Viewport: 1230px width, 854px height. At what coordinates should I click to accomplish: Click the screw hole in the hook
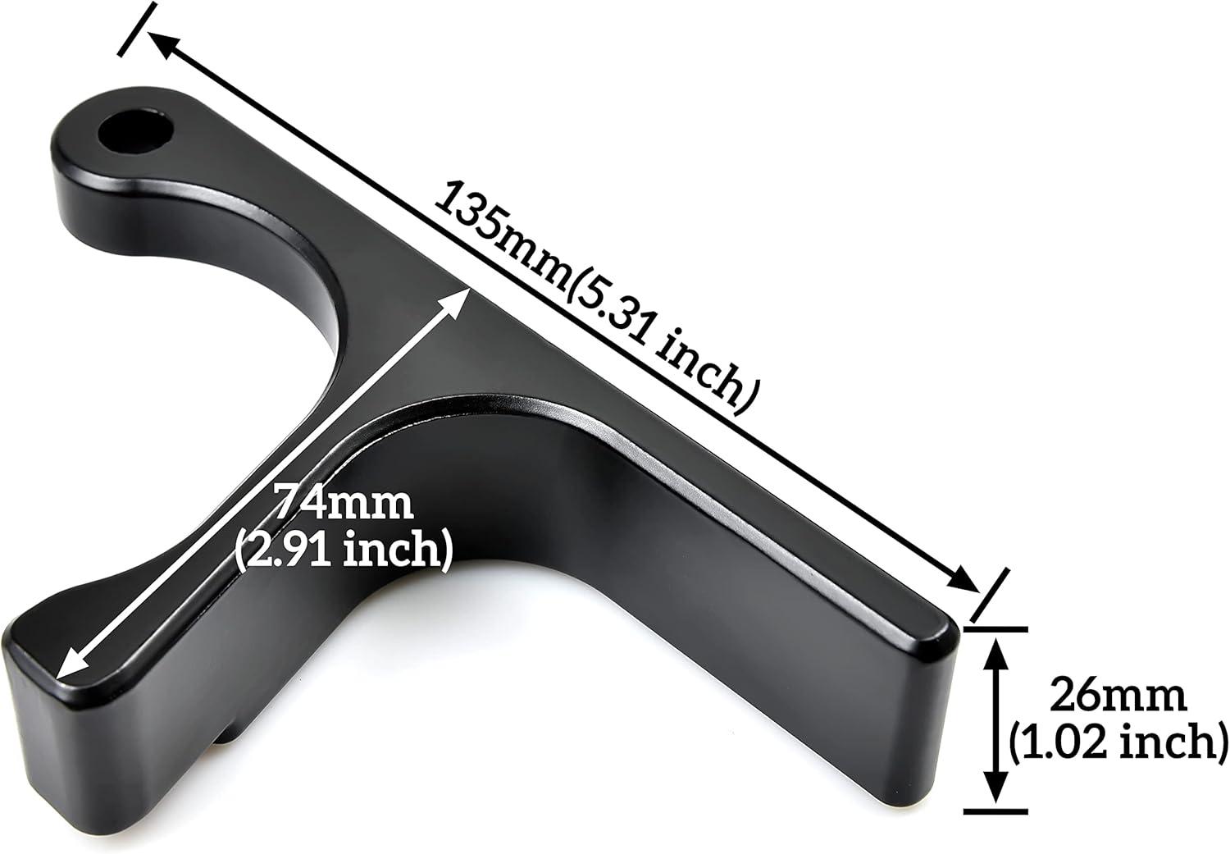pos(135,133)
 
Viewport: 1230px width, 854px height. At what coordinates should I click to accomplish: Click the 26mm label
pos(1118,697)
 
